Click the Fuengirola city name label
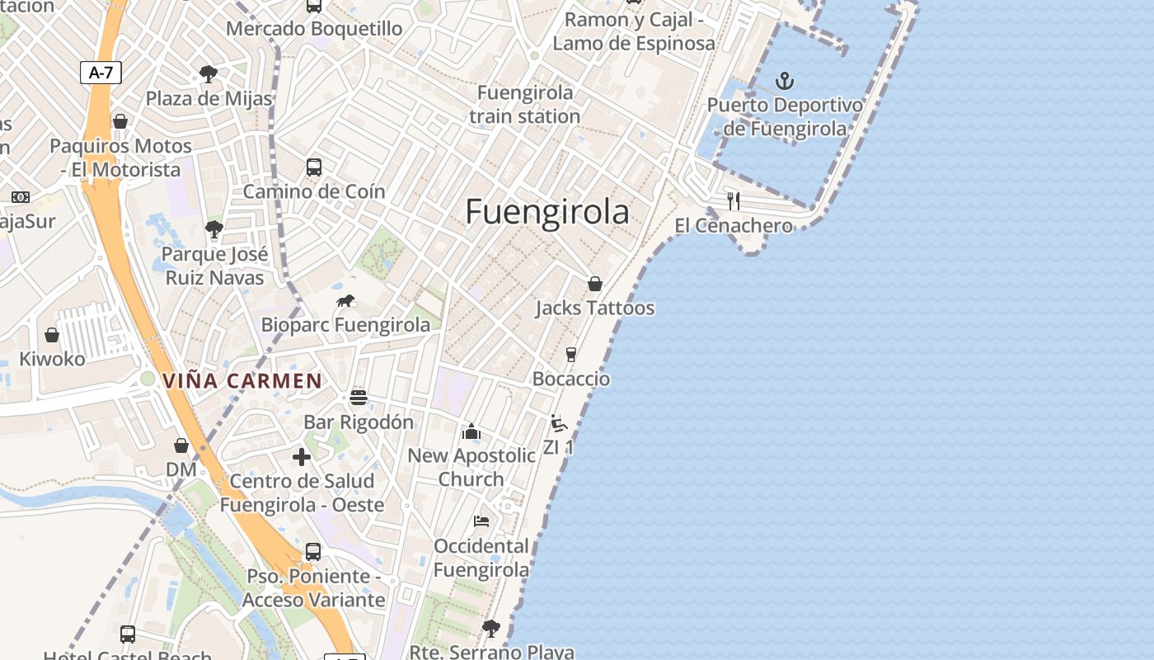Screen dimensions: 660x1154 (547, 212)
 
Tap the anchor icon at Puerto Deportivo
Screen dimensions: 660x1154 (785, 81)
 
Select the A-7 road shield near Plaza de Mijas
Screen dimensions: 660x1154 (101, 73)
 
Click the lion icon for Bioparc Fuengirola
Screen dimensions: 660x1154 (345, 301)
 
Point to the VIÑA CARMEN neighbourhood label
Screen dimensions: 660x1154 (242, 381)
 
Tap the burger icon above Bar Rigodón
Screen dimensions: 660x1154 (358, 398)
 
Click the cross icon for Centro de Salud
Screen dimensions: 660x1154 (302, 456)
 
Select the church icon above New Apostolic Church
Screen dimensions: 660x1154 (471, 431)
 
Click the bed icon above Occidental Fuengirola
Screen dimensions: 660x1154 (481, 521)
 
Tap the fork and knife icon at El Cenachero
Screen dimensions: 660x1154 (734, 200)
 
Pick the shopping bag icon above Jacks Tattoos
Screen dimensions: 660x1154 (595, 284)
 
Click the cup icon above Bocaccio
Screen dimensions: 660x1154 (570, 355)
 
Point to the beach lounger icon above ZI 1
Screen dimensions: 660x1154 (559, 423)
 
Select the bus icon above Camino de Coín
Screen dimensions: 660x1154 (314, 167)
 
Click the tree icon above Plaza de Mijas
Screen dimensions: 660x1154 (209, 74)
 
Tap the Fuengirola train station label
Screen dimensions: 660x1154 (525, 104)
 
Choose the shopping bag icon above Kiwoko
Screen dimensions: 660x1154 (52, 335)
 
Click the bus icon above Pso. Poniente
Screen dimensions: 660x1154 (313, 552)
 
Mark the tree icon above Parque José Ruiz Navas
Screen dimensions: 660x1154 (214, 229)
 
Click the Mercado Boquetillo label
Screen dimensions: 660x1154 (314, 29)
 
